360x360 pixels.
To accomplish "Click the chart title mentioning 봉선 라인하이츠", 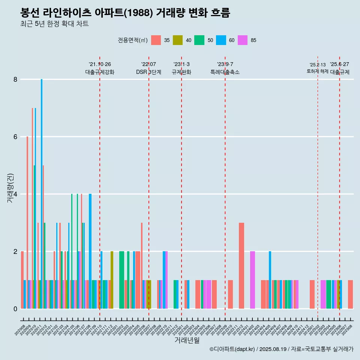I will [x=125, y=13].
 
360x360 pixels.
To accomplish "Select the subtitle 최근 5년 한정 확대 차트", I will [x=54, y=24].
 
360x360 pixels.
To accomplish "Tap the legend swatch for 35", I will [x=156, y=40].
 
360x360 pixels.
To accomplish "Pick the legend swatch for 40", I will [x=177, y=40].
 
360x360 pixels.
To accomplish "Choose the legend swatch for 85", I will [x=243, y=40].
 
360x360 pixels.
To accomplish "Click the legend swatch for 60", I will [x=221, y=40].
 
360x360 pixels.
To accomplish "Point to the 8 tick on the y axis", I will [x=15, y=79].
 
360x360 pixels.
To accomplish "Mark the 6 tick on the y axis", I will [x=15, y=137].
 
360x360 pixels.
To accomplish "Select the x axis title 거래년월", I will [x=187, y=340].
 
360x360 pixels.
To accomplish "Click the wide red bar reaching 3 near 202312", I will [x=241, y=265].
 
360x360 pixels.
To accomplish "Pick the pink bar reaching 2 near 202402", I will [x=252, y=280].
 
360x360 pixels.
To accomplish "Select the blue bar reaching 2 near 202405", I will [x=270, y=280].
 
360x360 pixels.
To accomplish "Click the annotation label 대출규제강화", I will [x=100, y=72].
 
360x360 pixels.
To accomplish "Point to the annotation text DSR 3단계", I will [x=148, y=72].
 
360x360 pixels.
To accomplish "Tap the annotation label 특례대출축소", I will [x=225, y=72].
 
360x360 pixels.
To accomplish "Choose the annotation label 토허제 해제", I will [x=317, y=71].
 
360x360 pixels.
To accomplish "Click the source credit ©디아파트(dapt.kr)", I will [x=232, y=349].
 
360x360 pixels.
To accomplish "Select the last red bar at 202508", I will [x=350, y=294].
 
